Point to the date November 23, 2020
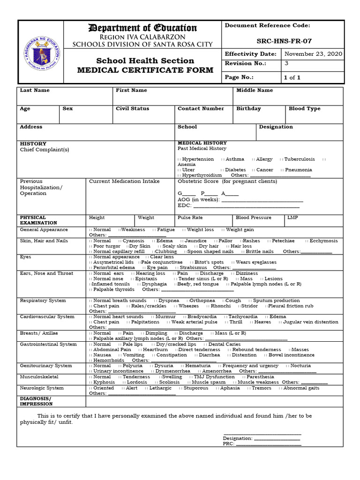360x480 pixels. [x=313, y=54]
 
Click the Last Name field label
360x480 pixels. [x=35, y=90]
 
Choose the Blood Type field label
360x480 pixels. [x=305, y=108]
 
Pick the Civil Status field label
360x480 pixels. [x=132, y=108]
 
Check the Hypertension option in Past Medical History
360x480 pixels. [x=197, y=159]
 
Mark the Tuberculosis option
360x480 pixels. [x=299, y=159]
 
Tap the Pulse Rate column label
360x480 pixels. [x=190, y=217]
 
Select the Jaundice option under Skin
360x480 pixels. [x=195, y=240]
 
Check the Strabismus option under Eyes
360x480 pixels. [x=193, y=268]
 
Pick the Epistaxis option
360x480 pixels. [x=146, y=278]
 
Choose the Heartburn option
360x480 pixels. [x=155, y=350]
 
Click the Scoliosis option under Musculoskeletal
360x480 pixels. [x=169, y=382]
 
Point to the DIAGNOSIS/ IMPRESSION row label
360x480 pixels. [x=36, y=401]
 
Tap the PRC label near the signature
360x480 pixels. [x=228, y=443]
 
